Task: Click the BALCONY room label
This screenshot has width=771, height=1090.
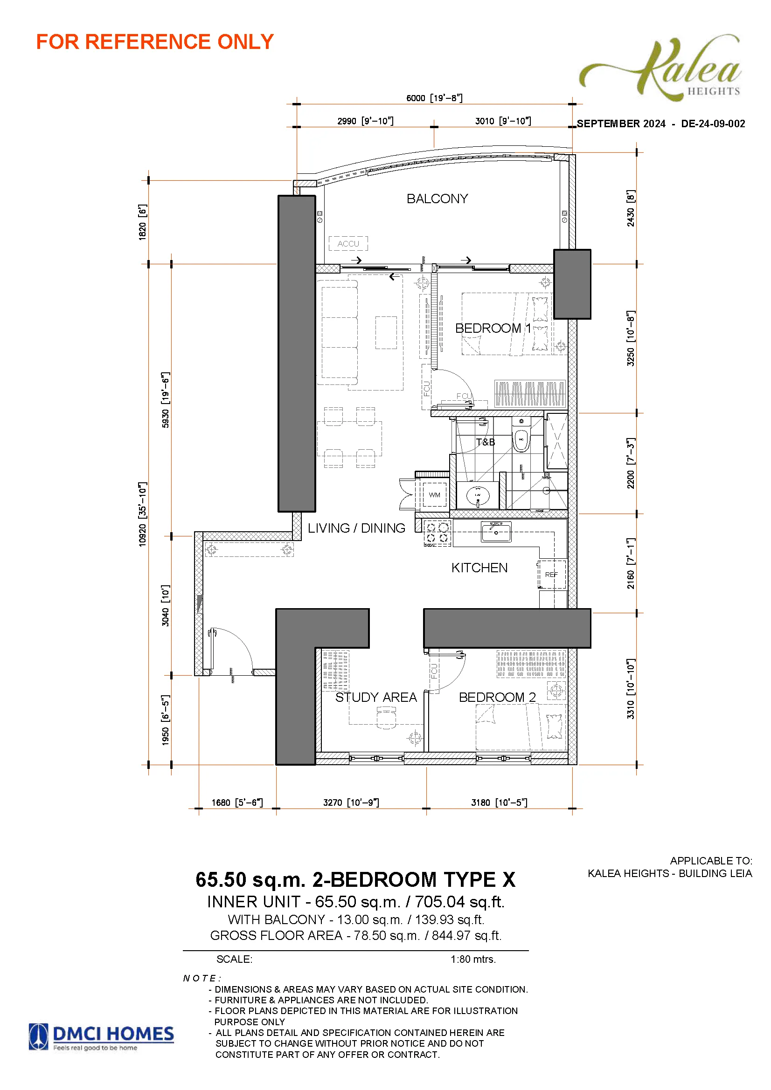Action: tap(437, 199)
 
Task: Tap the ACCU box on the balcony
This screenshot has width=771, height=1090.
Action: tap(348, 244)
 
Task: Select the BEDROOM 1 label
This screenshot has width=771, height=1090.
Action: tap(493, 328)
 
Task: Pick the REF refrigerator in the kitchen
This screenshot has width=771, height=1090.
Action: tap(551, 575)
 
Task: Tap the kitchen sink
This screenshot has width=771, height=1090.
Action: tap(496, 532)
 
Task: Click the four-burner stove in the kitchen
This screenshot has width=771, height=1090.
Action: tap(437, 533)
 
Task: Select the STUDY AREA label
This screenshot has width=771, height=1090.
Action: tap(376, 698)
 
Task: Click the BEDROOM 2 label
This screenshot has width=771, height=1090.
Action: tap(497, 698)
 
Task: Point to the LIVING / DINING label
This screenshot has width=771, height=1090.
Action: tap(356, 528)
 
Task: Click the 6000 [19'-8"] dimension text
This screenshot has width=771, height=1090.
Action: tap(434, 98)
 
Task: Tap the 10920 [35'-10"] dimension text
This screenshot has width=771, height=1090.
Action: tap(143, 514)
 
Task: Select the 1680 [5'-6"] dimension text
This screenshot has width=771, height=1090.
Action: tap(237, 802)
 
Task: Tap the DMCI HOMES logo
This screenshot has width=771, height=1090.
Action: tap(101, 1037)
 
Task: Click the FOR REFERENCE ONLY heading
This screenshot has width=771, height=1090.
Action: tap(155, 42)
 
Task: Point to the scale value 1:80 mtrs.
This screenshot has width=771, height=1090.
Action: tap(473, 959)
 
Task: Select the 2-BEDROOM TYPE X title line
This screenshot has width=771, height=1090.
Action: tap(355, 880)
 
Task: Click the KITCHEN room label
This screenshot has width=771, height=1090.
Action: tap(479, 568)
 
